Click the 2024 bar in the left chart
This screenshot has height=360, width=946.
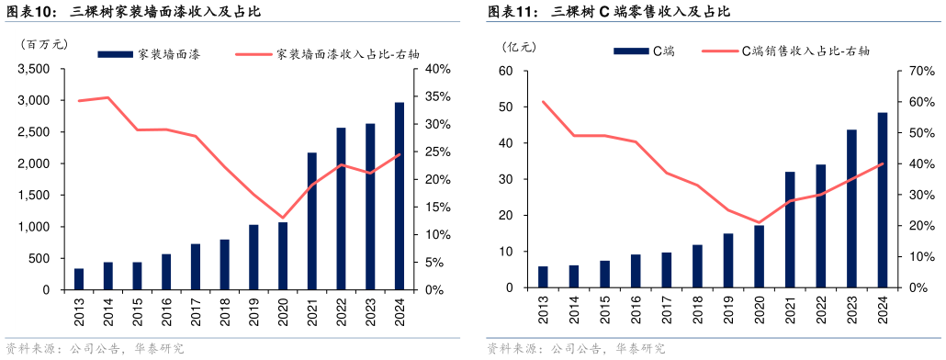click(x=400, y=196)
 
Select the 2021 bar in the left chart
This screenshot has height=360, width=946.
click(x=312, y=220)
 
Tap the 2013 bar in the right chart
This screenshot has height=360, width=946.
click(x=543, y=276)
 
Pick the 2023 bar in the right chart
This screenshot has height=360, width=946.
click(x=851, y=208)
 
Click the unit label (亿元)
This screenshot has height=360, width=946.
click(x=519, y=45)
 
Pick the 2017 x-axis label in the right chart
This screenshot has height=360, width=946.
click(x=667, y=309)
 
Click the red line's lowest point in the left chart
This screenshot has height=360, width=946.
click(x=283, y=218)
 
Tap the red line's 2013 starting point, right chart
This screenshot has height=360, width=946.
click(x=543, y=102)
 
